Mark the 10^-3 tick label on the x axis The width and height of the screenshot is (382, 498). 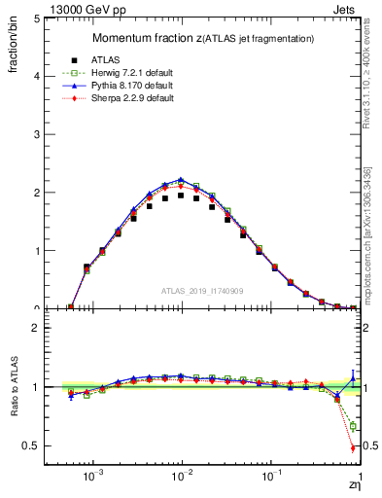[93, 479]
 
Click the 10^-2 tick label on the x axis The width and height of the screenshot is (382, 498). [182, 479]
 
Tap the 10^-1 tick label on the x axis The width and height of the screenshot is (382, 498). [271, 479]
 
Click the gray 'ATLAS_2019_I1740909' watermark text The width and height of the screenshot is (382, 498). [202, 290]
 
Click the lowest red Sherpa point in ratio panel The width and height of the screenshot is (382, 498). [351, 448]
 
